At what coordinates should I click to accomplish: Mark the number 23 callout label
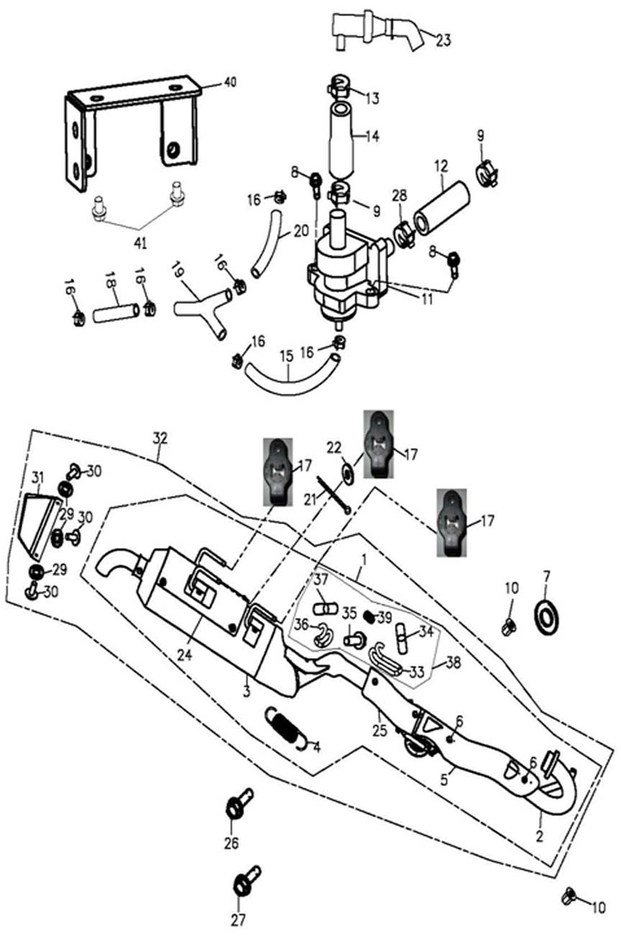click(443, 40)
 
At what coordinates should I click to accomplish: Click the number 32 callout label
click(159, 437)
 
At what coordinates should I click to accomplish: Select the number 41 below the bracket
click(140, 243)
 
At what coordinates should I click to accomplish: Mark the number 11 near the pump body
click(427, 297)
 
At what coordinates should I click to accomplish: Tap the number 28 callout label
click(399, 196)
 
